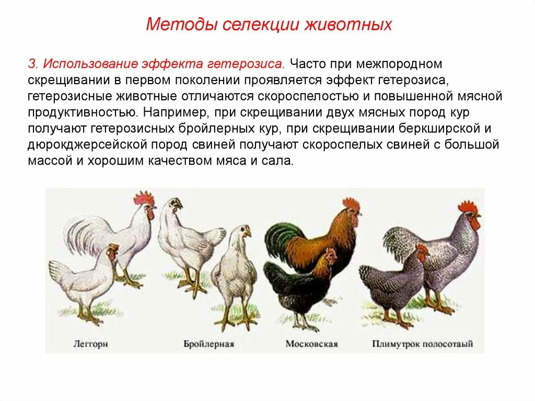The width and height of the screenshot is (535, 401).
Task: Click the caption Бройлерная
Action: tap(208, 344)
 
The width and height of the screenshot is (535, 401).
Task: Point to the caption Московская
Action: tap(312, 344)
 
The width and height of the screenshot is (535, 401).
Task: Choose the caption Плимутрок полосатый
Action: tap(423, 344)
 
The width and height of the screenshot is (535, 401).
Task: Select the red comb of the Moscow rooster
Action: tap(351, 203)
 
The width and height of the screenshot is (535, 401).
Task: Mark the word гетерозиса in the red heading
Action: tap(246, 64)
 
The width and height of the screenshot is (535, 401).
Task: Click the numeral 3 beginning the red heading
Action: tap(31, 64)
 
